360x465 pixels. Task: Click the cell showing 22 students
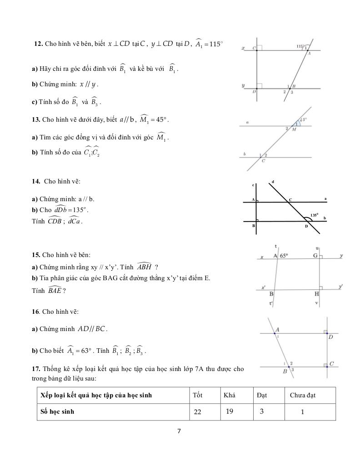197,412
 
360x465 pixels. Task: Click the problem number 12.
38,44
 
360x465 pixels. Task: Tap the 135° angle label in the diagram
315,215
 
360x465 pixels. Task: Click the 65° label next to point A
284,256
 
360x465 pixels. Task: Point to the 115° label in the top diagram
299,46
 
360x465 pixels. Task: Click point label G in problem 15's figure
315,256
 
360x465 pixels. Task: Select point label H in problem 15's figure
317,294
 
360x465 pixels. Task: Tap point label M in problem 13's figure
294,129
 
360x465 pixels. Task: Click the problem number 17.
35,369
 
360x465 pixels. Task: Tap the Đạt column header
261,395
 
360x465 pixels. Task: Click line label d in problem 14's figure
273,182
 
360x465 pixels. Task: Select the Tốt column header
197,395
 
